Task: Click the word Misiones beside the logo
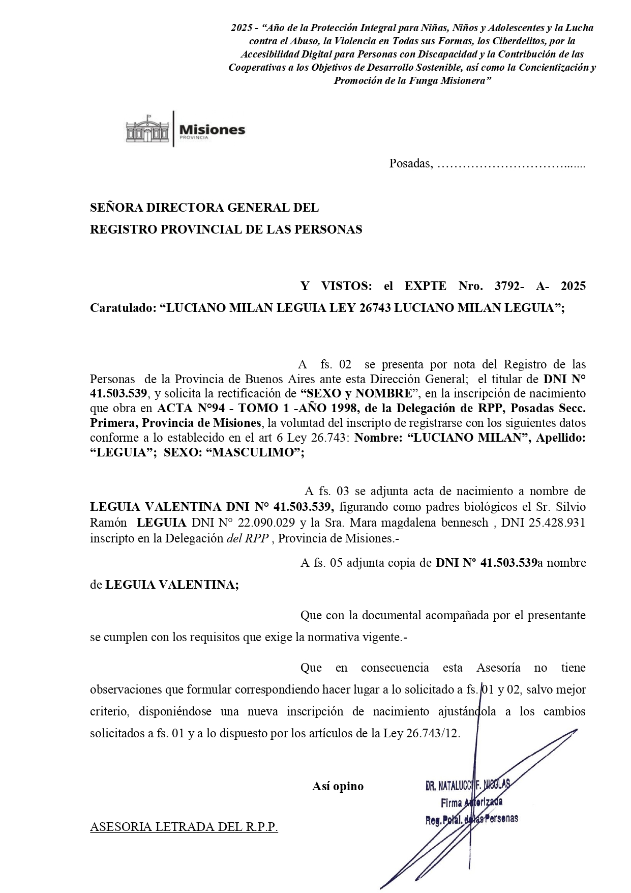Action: tap(212, 129)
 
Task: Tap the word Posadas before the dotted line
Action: tap(410, 164)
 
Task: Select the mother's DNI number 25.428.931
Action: tap(556, 523)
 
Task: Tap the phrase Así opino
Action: tap(338, 786)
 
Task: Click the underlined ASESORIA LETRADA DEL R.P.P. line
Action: tap(184, 827)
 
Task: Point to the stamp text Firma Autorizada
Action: tap(472, 803)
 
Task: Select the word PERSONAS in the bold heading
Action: tap(333, 229)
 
